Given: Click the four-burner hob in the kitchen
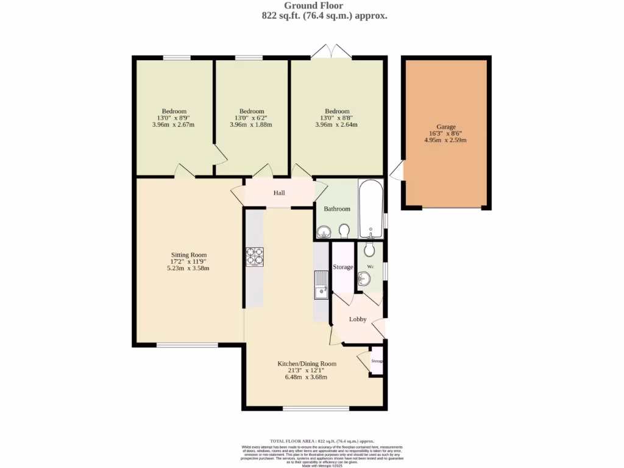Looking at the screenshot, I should click(254, 257).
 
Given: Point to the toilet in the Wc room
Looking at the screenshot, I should click(369, 249).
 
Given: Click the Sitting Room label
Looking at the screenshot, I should click(188, 255).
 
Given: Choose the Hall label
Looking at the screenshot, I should click(279, 193).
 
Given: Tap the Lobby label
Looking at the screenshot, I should click(358, 319).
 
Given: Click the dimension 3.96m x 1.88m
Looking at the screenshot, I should click(250, 125).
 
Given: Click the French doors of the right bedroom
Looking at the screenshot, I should click(331, 53).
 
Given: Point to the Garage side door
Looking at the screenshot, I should click(397, 171).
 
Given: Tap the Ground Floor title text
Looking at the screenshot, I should click(321, 5).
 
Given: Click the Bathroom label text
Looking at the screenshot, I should click(337, 208).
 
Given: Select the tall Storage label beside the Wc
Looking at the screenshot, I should click(343, 267).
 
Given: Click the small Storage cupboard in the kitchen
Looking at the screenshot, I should click(377, 361).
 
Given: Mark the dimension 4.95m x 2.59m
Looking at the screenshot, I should click(445, 140).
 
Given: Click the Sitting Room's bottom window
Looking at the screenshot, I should click(187, 346).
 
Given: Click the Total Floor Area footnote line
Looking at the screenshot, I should click(322, 441).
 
